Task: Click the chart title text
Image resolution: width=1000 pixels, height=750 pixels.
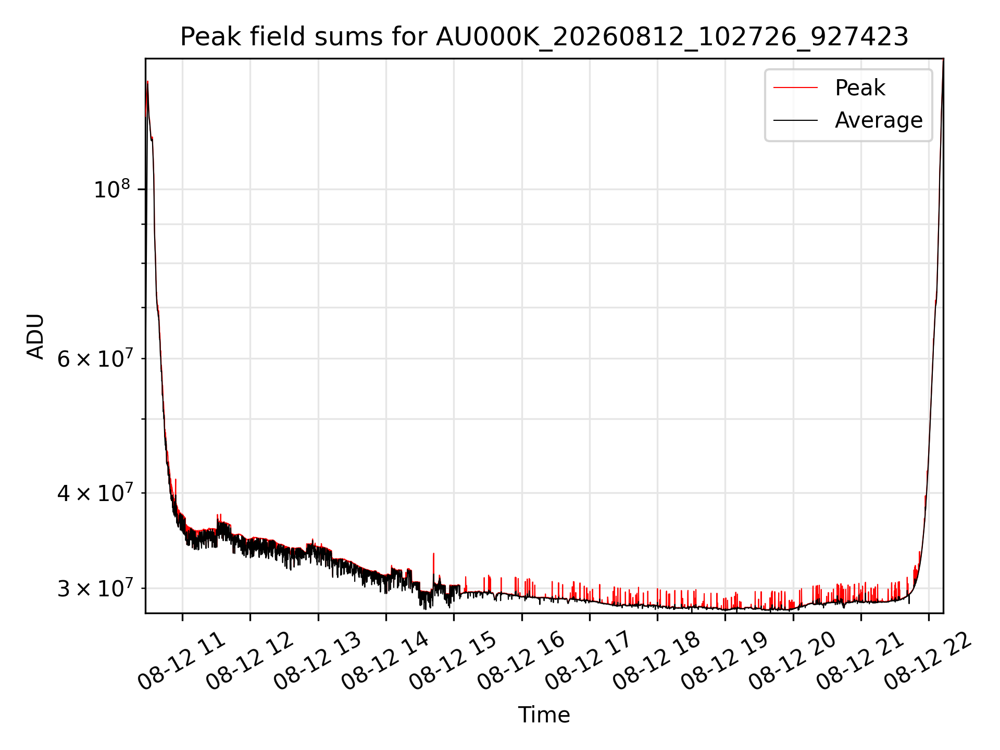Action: point(544,37)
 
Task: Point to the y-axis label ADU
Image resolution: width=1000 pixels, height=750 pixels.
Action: point(35,336)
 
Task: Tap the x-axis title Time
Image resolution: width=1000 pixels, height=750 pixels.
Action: point(544,715)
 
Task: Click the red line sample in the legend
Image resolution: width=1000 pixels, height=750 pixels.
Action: point(796,88)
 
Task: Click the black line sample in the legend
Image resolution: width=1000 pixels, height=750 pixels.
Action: point(796,121)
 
